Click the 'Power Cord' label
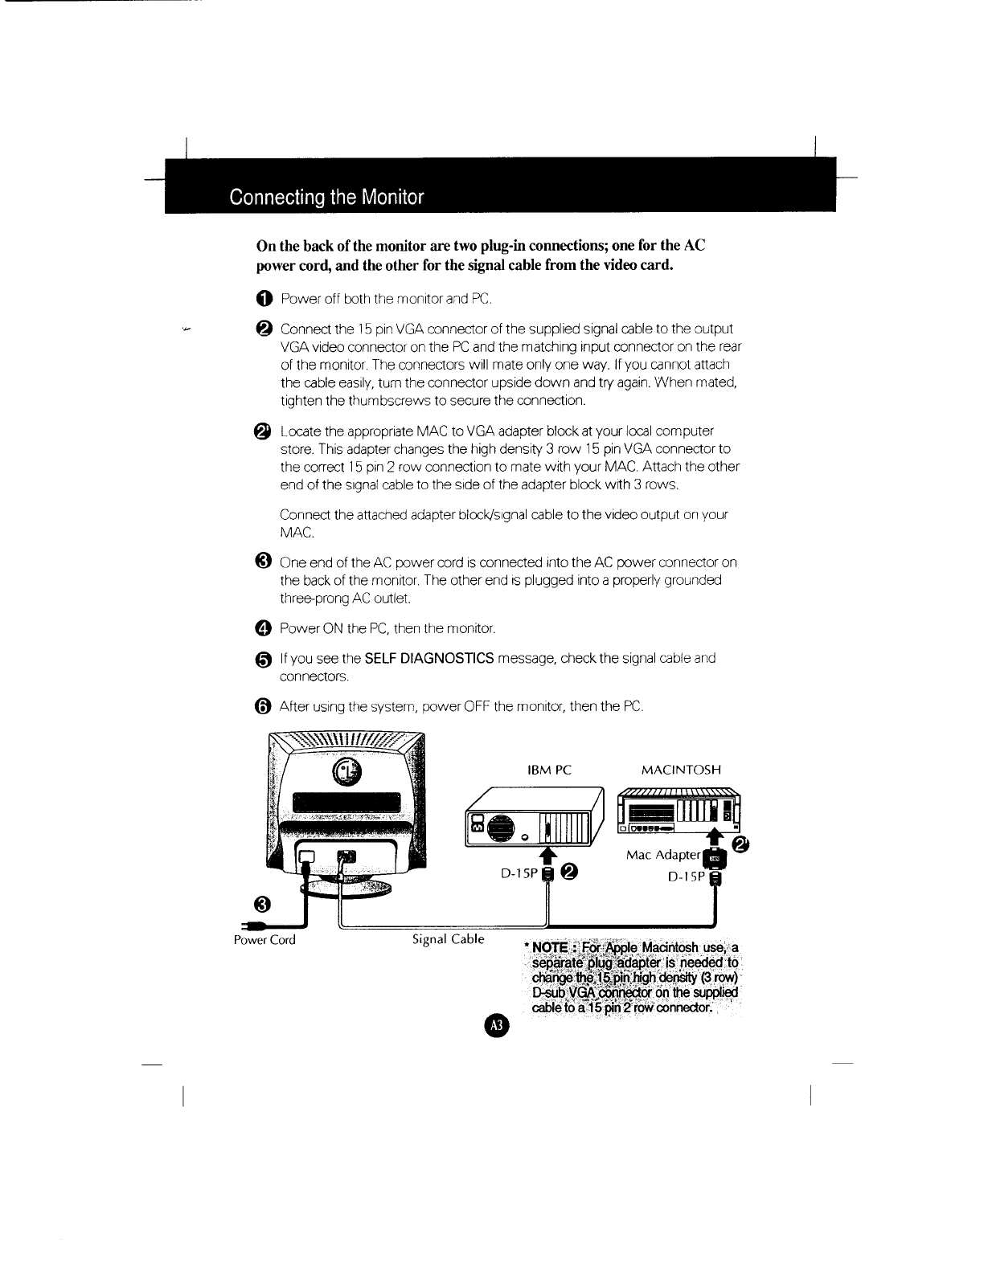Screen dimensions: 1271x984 264,940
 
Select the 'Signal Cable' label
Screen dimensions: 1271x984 448,938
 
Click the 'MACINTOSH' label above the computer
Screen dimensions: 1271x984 681,770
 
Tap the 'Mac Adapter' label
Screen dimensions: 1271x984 663,854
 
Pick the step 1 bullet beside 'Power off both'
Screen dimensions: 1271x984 264,300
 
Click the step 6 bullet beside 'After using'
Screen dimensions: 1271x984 264,707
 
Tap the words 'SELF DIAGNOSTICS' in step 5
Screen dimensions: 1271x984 428,659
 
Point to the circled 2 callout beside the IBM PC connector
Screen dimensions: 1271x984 569,873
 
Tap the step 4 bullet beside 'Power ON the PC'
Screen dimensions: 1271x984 264,627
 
